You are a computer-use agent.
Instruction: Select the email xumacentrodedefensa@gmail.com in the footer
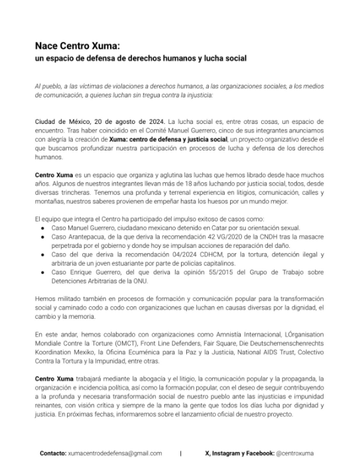[115, 453]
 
